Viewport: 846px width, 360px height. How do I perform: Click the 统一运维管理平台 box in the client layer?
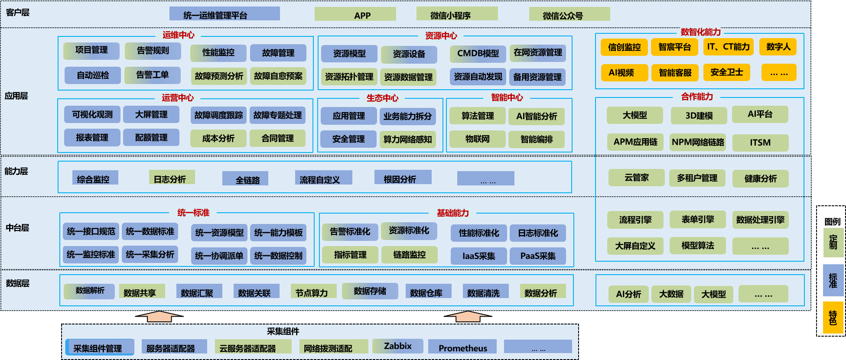(224, 14)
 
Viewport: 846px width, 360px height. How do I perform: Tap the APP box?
(355, 14)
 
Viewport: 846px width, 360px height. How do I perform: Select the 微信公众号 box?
(569, 14)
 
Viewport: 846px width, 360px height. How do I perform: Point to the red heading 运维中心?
(178, 35)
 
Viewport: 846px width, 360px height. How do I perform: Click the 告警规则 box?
(153, 51)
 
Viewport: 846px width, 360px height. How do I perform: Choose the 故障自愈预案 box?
(278, 76)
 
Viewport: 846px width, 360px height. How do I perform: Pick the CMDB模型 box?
(478, 53)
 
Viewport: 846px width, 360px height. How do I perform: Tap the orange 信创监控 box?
(624, 47)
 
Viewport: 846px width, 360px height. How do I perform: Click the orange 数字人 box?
(778, 46)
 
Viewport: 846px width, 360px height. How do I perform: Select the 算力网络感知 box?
(407, 139)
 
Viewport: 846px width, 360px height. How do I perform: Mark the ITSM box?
(760, 143)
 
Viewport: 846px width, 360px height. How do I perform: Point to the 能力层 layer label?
(16, 171)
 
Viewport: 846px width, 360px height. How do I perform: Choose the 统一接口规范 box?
(91, 231)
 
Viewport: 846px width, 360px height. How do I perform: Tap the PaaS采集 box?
(537, 256)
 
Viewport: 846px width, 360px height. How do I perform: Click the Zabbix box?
(397, 346)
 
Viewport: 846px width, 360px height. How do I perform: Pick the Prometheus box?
(462, 347)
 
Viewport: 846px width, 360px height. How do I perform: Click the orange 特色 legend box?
(833, 318)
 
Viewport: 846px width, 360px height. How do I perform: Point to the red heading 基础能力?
(452, 213)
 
